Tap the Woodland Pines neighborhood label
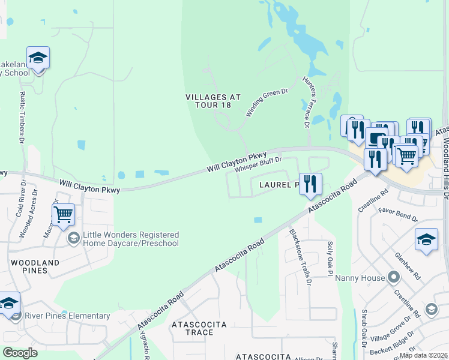pyautogui.click(x=34, y=266)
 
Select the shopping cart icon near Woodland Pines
pyautogui.click(x=63, y=214)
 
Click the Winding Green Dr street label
pyautogui.click(x=267, y=103)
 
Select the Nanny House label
pyautogui.click(x=358, y=277)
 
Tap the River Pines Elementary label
pyautogui.click(x=67, y=316)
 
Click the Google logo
pyautogui.click(x=20, y=352)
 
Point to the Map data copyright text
pyautogui.click(x=423, y=355)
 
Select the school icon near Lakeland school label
pyautogui.click(x=38, y=58)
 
